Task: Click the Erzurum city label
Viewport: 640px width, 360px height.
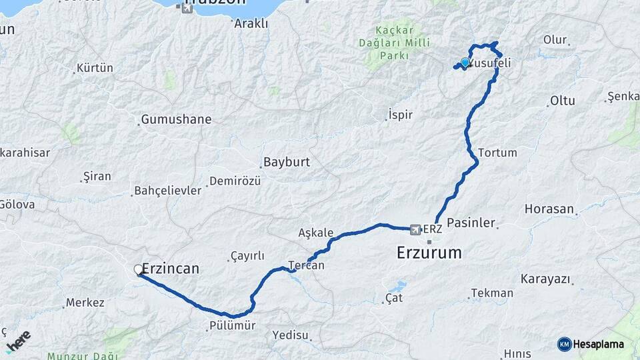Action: click(x=429, y=253)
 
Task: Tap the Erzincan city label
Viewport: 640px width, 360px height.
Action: click(x=171, y=269)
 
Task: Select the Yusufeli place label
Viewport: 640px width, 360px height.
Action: click(x=489, y=63)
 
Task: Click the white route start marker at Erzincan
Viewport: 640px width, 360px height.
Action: click(x=139, y=269)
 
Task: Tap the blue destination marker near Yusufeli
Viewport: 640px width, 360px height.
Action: click(x=465, y=63)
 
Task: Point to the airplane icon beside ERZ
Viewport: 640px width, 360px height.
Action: click(x=417, y=229)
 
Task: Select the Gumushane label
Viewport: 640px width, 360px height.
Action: click(x=176, y=120)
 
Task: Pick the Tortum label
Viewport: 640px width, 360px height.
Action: click(x=497, y=153)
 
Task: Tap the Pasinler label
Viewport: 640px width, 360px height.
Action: click(x=471, y=223)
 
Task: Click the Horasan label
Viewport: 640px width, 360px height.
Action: click(x=549, y=209)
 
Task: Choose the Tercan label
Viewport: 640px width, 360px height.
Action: click(x=306, y=265)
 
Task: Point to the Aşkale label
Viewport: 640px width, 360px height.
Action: click(x=316, y=233)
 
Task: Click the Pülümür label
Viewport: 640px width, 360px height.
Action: click(x=231, y=326)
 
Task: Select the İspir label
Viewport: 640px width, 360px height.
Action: click(x=400, y=115)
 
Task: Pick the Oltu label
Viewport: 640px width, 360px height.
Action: click(x=562, y=101)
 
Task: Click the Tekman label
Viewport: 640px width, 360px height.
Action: click(x=492, y=293)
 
